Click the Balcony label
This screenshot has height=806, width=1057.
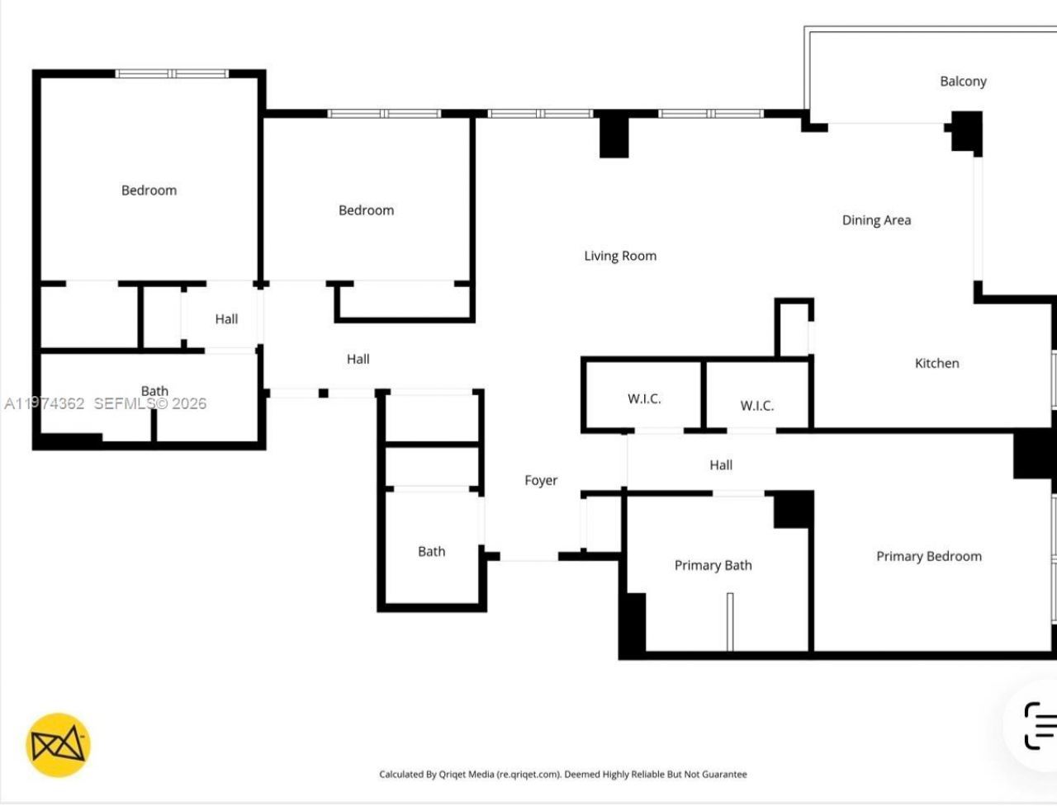click(963, 81)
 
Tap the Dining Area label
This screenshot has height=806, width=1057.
click(876, 220)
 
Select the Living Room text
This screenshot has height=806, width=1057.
click(620, 256)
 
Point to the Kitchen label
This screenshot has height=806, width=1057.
click(936, 363)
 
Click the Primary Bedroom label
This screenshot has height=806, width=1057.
click(929, 556)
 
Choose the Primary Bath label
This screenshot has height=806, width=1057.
click(713, 565)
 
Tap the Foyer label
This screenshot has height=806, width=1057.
click(541, 480)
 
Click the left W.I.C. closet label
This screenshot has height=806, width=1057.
click(644, 398)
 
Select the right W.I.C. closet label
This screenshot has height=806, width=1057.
click(756, 405)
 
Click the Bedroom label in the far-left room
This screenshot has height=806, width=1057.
click(149, 191)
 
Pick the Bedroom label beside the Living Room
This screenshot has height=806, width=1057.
click(366, 210)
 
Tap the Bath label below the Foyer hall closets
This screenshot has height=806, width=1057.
click(431, 551)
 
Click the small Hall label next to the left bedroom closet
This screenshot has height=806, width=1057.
click(226, 319)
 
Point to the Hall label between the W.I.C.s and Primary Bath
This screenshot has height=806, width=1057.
click(721, 465)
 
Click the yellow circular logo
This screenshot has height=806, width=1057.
click(58, 745)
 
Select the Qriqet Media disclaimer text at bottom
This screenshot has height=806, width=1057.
click(562, 774)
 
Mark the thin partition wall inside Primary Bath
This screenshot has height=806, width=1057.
click(730, 620)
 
